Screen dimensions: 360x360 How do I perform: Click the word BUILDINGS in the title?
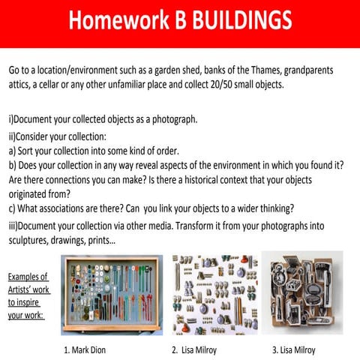[241, 20]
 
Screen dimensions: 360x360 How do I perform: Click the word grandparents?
[298, 70]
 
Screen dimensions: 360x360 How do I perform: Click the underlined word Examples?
[27, 277]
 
